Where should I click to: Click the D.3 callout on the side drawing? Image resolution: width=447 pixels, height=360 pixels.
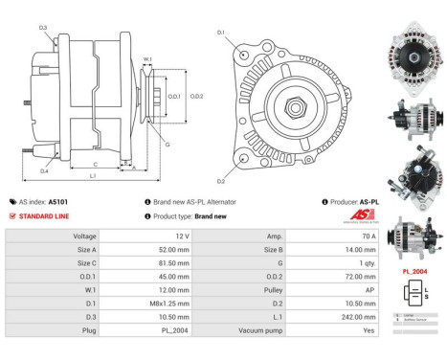click(x=44, y=28)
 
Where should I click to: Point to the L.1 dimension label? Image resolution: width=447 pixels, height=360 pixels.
click(x=92, y=175)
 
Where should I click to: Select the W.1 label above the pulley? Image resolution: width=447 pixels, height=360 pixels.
click(x=147, y=60)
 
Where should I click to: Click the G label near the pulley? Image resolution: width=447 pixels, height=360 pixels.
click(x=168, y=145)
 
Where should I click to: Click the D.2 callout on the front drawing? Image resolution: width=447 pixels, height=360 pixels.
click(x=221, y=181)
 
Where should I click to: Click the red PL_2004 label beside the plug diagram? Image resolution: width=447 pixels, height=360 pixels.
click(x=413, y=271)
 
